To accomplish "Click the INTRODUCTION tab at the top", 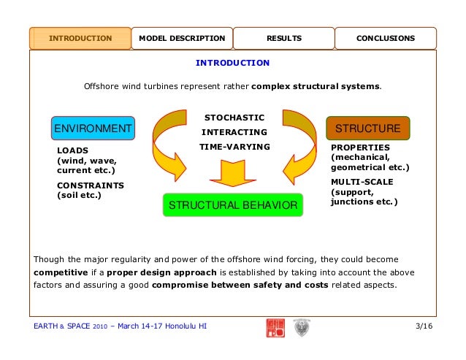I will [x=80, y=38].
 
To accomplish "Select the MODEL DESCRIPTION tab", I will [x=182, y=38].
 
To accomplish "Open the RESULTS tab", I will [x=283, y=38].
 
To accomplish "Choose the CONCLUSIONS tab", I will [x=385, y=38].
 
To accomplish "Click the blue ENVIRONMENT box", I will [x=93, y=129].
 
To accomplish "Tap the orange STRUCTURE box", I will [x=367, y=129].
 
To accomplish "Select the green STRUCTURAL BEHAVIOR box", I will [x=233, y=206].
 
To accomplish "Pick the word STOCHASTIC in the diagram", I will [x=234, y=118].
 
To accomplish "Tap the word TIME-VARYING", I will [x=234, y=147].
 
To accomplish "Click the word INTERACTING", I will [x=234, y=132].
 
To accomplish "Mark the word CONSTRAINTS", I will [x=91, y=185].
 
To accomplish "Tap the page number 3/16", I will [x=424, y=326].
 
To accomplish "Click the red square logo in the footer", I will [x=275, y=327].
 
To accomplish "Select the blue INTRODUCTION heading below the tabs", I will [x=232, y=63].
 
